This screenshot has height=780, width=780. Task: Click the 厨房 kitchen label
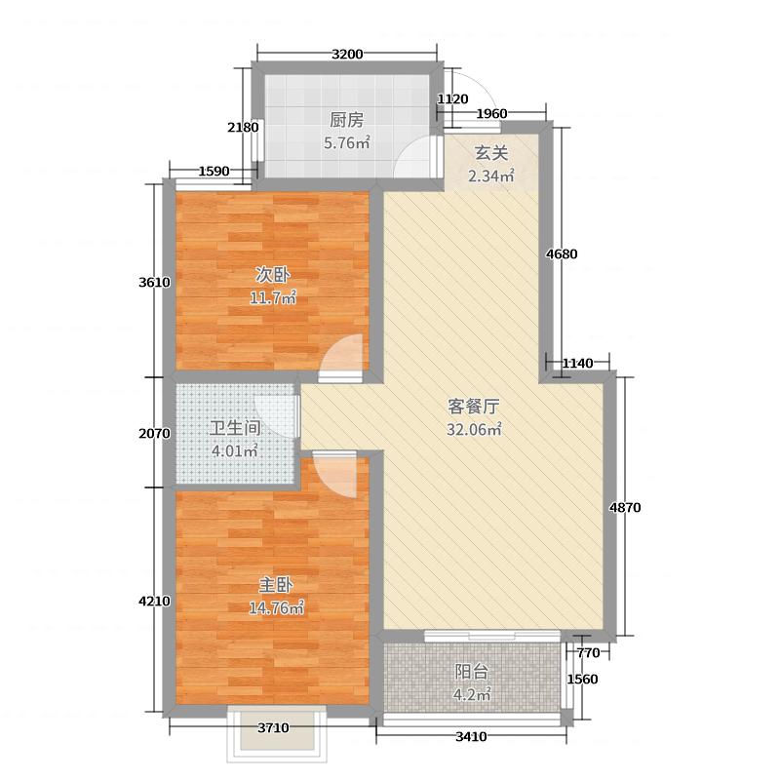[346, 121]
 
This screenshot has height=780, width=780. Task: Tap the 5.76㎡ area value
[346, 142]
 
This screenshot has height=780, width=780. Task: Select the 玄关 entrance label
[490, 153]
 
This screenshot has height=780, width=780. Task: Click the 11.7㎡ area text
[271, 297]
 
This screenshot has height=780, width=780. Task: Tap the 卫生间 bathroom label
[235, 428]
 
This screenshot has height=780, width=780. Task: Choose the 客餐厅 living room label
[474, 409]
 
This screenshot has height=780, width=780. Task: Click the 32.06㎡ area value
[474, 430]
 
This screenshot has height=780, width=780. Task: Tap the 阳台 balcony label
[472, 672]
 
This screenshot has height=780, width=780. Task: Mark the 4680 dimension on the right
[562, 254]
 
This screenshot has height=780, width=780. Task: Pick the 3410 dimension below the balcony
[471, 736]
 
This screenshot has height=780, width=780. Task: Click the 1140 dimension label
[578, 364]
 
